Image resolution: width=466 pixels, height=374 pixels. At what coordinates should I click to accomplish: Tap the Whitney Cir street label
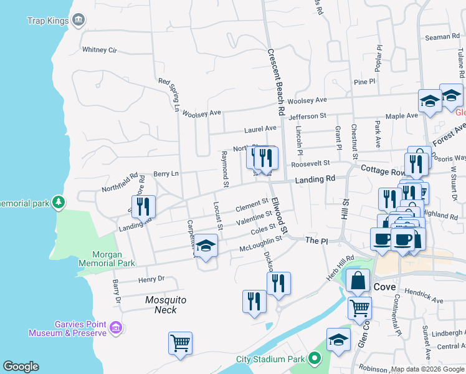click(100, 49)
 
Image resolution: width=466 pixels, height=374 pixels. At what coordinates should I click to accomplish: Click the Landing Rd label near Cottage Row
click(315, 179)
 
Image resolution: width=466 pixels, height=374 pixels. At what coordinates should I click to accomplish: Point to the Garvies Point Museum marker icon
click(115, 327)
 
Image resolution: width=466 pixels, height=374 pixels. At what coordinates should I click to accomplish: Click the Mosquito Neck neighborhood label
click(166, 304)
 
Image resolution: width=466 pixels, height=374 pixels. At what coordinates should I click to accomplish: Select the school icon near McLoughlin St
click(206, 247)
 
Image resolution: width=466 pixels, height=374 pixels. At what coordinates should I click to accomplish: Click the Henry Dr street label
click(151, 279)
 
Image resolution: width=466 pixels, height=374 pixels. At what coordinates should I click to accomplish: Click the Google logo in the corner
click(21, 367)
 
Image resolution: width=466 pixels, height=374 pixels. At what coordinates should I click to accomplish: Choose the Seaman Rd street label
click(443, 37)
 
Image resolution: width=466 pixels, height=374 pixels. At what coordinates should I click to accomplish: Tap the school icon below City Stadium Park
click(338, 340)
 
